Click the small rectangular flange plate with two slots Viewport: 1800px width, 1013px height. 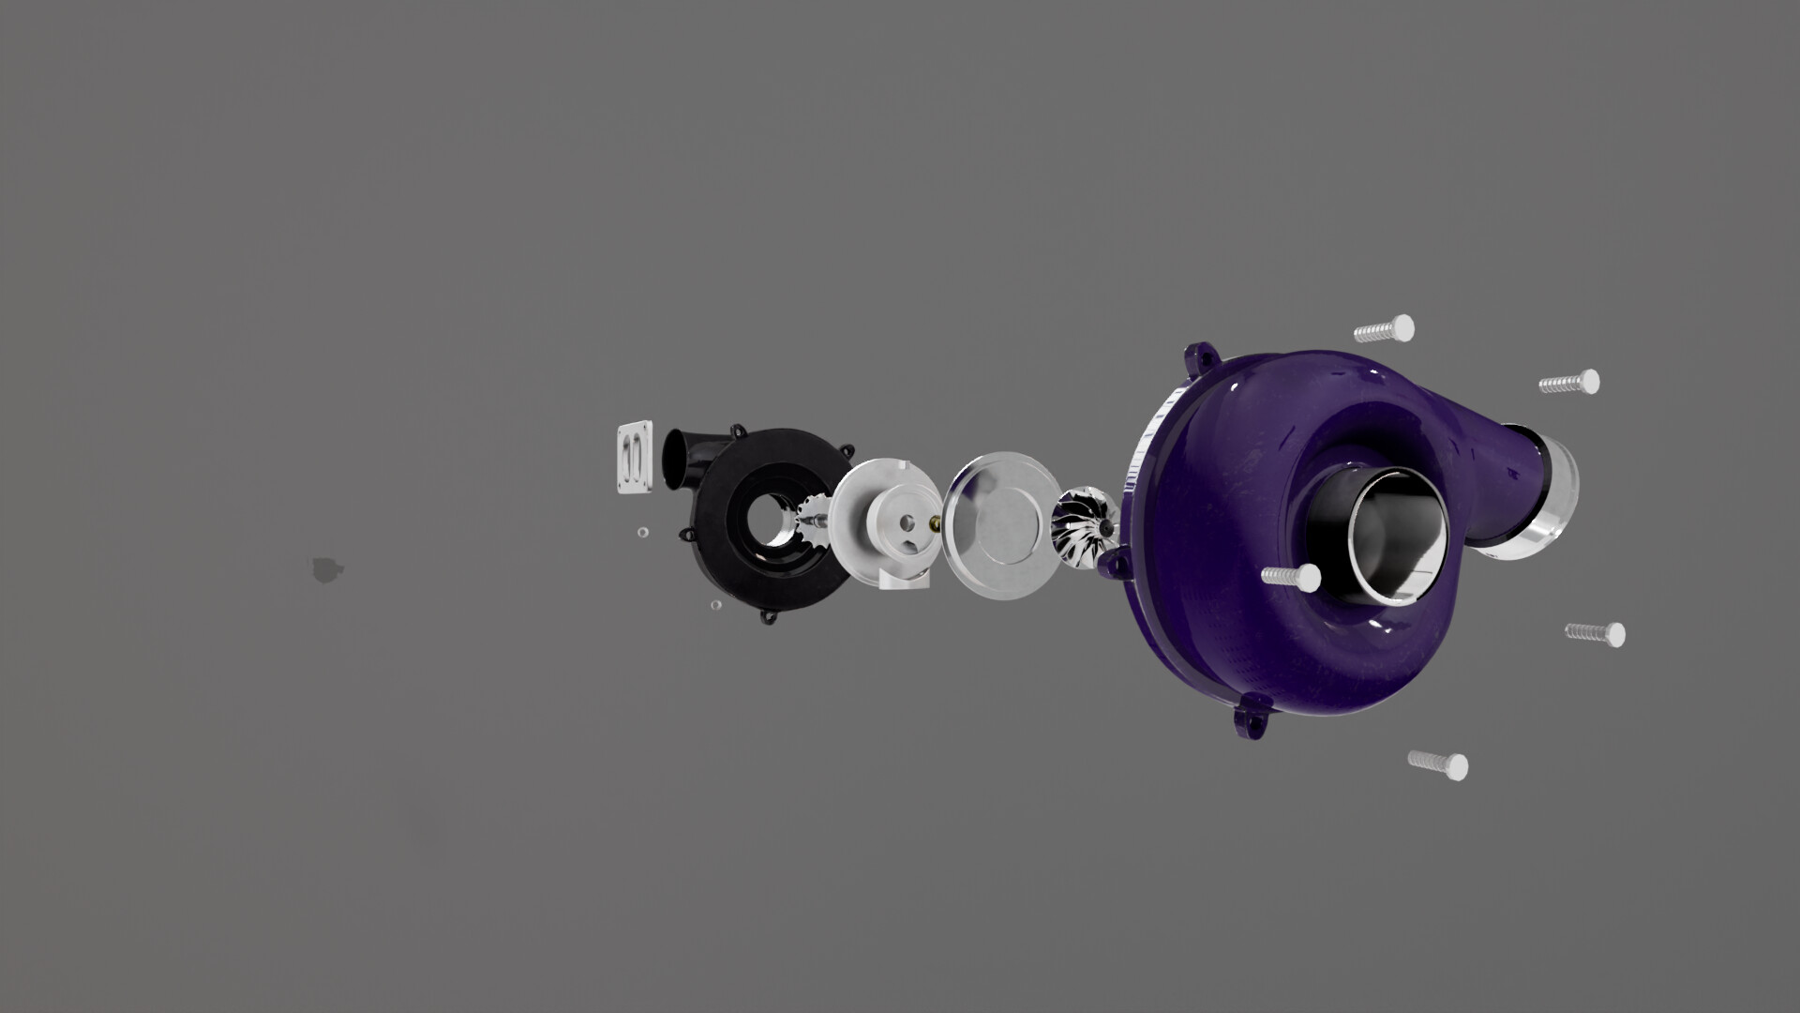tap(635, 458)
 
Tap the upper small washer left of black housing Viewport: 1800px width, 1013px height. tap(641, 532)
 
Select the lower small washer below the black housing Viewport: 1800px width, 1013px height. tap(715, 605)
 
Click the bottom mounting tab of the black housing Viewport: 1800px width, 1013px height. tap(771, 617)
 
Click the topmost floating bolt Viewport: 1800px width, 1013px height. tap(1385, 329)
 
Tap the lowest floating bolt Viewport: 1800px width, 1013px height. tap(1438, 764)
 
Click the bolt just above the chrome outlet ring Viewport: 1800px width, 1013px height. tap(1569, 383)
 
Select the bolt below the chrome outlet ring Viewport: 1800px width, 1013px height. tap(1595, 633)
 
